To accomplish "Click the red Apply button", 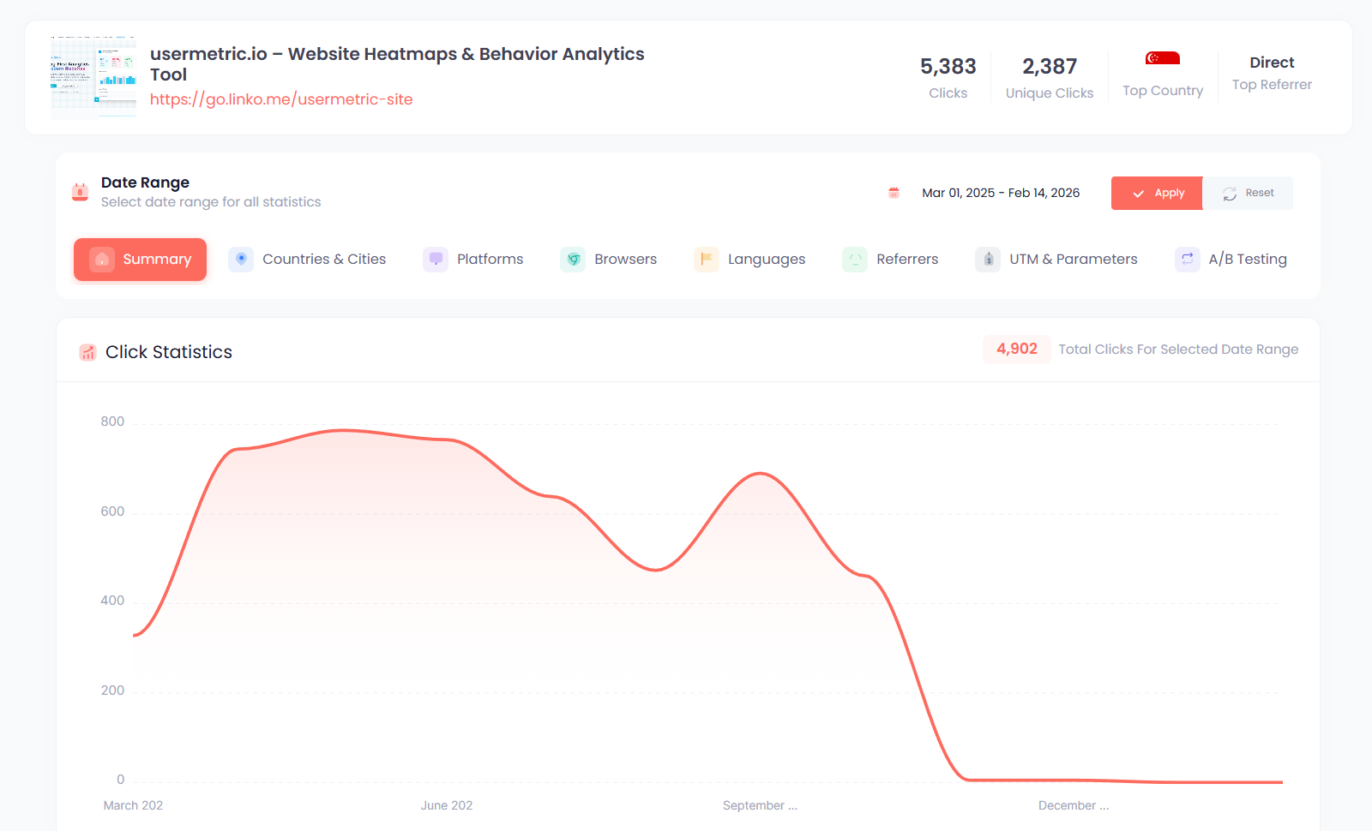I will pos(1157,194).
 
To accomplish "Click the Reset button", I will pos(1248,194).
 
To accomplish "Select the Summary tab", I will pos(141,260).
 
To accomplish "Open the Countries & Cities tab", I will pos(308,260).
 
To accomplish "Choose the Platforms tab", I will pos(473,260).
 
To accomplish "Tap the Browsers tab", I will pos(609,260).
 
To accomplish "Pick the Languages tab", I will pos(750,260).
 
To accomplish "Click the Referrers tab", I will pos(891,260).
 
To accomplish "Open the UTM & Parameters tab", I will pos(1056,260).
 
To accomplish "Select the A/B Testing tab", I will pos(1231,260).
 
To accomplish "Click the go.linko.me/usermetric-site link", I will pos(281,99).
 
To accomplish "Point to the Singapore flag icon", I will pos(1163,58).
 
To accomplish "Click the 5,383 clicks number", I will pos(948,67).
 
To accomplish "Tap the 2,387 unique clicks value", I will pos(1049,67).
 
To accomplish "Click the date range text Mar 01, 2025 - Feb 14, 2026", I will pos(1000,194).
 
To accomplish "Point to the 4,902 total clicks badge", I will pos(1016,350).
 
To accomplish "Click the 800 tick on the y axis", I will pos(112,421).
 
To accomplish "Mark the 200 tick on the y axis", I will pos(112,691).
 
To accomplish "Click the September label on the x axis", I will pos(760,805).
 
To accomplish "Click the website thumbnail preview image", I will pos(93,77).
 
